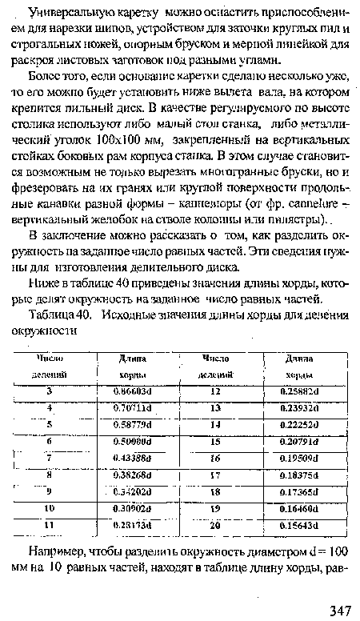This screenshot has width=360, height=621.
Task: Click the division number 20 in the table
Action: [215, 525]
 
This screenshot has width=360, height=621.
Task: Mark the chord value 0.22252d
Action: [300, 424]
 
